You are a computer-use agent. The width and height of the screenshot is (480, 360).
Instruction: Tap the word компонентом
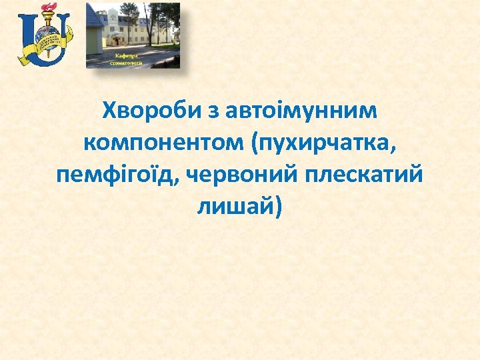tap(158, 143)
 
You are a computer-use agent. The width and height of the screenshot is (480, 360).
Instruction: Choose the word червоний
tap(244, 175)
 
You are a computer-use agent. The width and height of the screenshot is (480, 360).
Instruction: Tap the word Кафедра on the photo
tap(126, 56)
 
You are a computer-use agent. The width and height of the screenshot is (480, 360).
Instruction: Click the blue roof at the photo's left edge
tap(93, 17)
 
